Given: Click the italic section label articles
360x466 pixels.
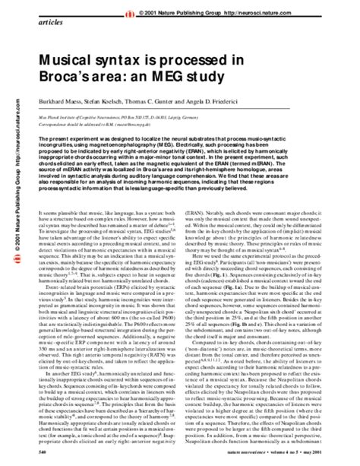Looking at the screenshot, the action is coord(43,24).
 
